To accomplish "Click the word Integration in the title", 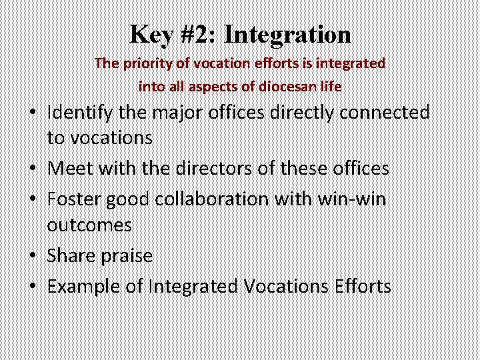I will [x=288, y=34].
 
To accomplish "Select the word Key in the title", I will [x=154, y=34].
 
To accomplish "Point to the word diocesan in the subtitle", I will [x=285, y=86].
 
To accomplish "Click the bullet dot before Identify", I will [x=31, y=113].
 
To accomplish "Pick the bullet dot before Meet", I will [x=31, y=169].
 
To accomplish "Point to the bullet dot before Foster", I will [x=31, y=200].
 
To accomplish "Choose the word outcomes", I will [x=89, y=225].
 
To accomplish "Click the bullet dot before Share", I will [x=31, y=257].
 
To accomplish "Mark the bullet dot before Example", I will [x=31, y=287].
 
